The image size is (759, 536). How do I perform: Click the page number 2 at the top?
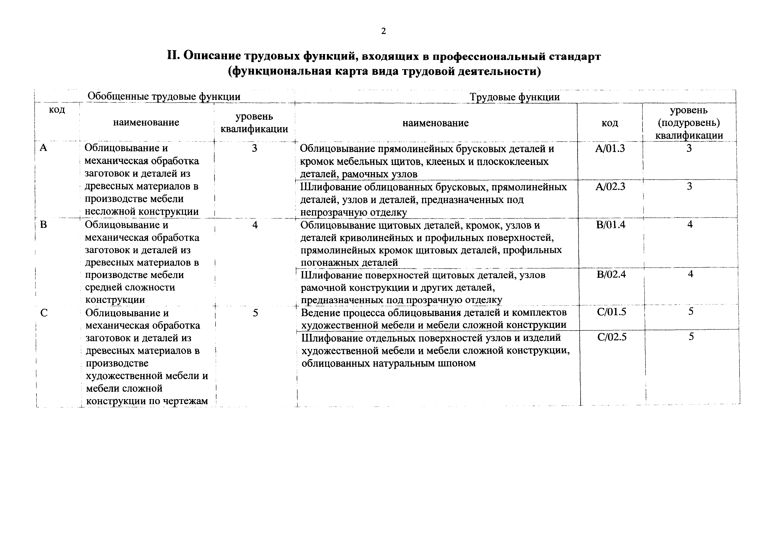pyautogui.click(x=383, y=31)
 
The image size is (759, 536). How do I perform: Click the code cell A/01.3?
pyautogui.click(x=610, y=149)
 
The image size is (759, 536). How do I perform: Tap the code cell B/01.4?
pyautogui.click(x=611, y=225)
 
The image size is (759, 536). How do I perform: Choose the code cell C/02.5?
pyautogui.click(x=612, y=337)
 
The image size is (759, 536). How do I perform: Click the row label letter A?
pyautogui.click(x=43, y=148)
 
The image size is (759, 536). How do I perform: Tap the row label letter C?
pyautogui.click(x=44, y=313)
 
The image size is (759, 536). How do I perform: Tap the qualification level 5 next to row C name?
pyautogui.click(x=255, y=313)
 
